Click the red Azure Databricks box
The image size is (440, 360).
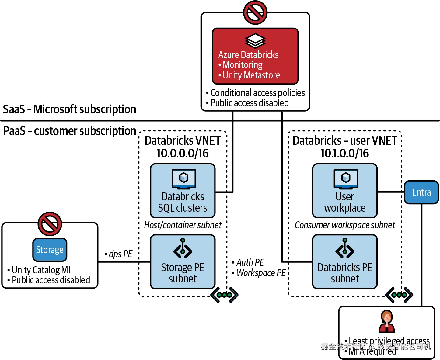[x=255, y=56]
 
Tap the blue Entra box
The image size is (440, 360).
[x=421, y=192]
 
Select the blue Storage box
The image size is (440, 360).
[x=50, y=250]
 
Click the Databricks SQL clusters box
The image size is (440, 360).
[x=183, y=191]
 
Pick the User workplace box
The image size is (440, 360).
[x=345, y=191]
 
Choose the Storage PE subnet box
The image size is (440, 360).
[x=183, y=261]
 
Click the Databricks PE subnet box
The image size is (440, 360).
[x=345, y=261]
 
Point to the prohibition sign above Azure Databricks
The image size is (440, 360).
[x=255, y=12]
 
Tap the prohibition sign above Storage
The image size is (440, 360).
[x=50, y=224]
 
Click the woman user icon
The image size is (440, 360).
[x=387, y=321]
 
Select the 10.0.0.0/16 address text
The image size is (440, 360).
[x=183, y=153]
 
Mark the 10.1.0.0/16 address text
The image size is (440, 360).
[x=345, y=153]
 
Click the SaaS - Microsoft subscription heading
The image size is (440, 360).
[x=69, y=109]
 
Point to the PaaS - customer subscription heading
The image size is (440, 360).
[x=69, y=131]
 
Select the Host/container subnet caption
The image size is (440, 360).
[x=183, y=225]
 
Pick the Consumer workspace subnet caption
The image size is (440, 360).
[x=345, y=225]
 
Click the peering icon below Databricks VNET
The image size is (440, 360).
[x=224, y=295]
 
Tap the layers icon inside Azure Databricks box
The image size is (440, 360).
[x=255, y=41]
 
